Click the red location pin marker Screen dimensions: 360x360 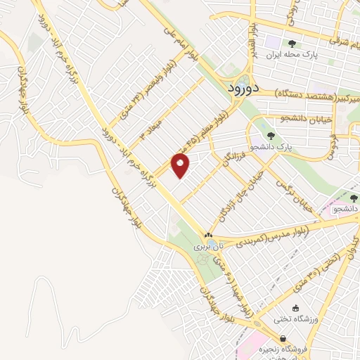pyautogui.click(x=181, y=166)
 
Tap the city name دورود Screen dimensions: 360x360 pyautogui.click(x=245, y=89)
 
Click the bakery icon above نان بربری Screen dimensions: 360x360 pyautogui.click(x=208, y=235)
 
